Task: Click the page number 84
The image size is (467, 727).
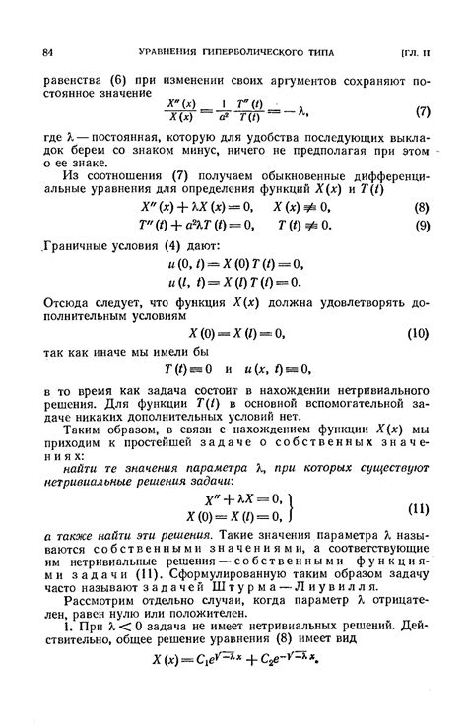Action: (x=47, y=50)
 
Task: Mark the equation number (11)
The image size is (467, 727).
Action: (x=418, y=510)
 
